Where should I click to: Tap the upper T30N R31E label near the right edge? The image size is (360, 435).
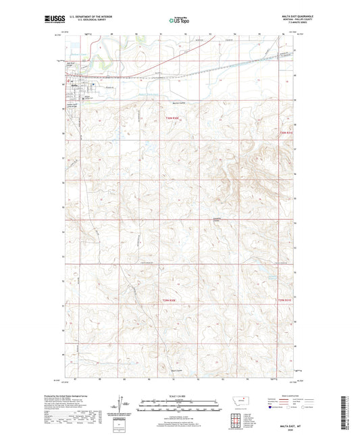pos(287,132)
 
